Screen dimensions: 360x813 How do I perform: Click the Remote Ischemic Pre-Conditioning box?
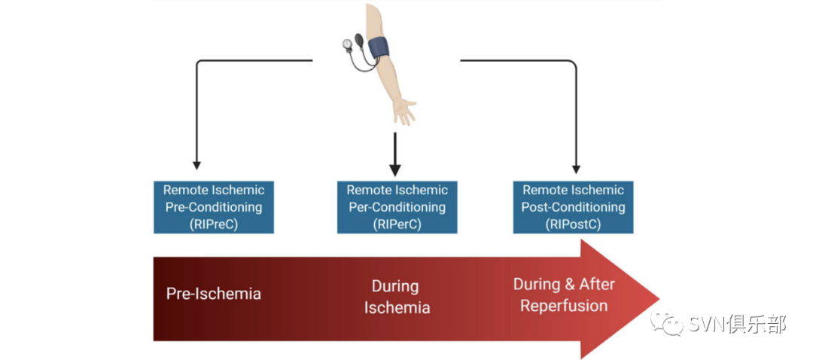click(x=213, y=206)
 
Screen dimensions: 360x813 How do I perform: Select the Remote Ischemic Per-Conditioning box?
click(x=397, y=206)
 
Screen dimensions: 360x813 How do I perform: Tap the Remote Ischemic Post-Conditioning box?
click(x=573, y=206)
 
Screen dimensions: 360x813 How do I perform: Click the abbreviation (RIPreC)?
click(x=213, y=224)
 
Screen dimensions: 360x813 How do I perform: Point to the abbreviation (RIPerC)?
click(x=397, y=224)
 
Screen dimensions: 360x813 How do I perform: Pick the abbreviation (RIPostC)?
click(x=573, y=224)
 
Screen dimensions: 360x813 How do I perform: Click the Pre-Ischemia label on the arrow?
click(x=213, y=294)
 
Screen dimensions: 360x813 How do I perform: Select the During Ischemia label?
click(x=396, y=297)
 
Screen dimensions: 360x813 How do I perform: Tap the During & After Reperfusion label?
click(x=564, y=294)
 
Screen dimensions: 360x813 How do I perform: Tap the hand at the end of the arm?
click(x=404, y=111)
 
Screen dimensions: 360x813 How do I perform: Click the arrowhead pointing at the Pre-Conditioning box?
click(x=196, y=164)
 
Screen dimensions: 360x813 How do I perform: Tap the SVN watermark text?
click(x=737, y=325)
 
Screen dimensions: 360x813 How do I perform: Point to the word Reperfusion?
click(x=564, y=306)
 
